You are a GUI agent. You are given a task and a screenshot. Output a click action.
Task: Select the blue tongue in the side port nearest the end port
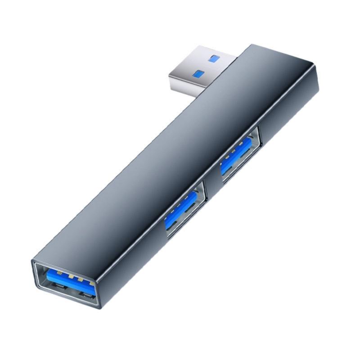pos(180,209)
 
